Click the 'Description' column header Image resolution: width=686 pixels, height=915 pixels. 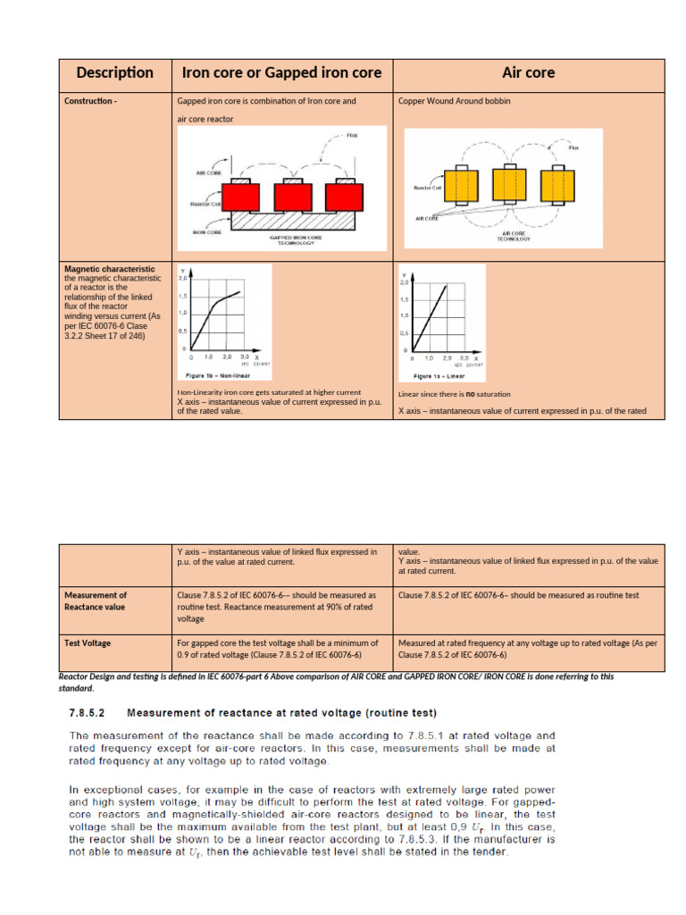114,73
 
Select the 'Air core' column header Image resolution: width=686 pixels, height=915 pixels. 528,73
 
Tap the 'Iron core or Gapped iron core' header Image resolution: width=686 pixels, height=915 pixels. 281,73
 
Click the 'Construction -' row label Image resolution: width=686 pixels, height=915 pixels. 90,101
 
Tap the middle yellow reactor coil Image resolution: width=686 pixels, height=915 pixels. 506,186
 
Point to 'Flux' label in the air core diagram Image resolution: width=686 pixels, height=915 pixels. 573,147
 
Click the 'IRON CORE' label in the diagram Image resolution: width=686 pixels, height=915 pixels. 207,231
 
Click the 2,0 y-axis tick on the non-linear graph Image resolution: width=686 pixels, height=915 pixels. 182,279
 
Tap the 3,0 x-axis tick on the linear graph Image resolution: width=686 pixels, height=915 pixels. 464,357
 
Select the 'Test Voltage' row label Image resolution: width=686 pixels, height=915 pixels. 88,642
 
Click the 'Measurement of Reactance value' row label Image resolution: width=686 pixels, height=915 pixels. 95,600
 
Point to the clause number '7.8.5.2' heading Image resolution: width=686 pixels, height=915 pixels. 88,713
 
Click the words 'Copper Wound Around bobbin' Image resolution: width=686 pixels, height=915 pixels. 454,101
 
